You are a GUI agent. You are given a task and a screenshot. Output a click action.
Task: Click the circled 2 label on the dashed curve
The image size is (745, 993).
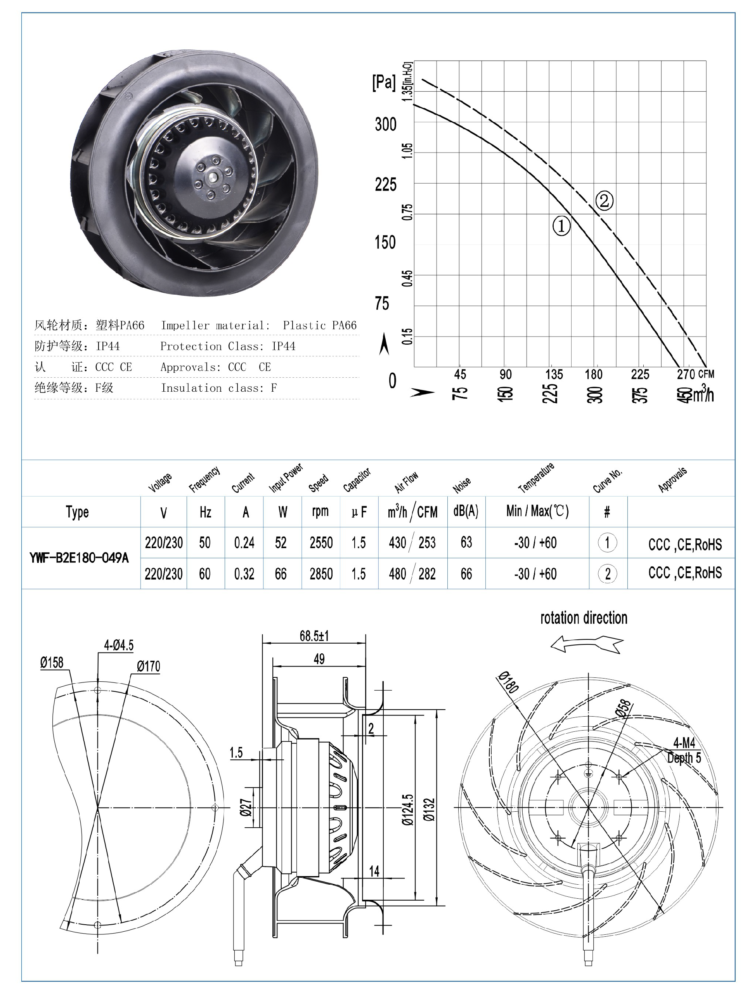[604, 200]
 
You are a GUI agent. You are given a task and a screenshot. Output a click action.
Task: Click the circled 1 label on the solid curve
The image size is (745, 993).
[561, 226]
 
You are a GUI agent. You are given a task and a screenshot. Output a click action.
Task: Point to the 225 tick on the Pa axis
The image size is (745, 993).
[386, 184]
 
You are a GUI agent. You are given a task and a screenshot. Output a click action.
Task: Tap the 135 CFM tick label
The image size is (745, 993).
[554, 374]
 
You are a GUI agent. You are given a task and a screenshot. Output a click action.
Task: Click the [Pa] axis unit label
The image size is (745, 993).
[384, 83]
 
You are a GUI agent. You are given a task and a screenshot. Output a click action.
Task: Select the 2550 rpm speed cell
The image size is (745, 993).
[321, 542]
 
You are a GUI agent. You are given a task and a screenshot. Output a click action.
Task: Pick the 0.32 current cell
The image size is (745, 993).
[244, 574]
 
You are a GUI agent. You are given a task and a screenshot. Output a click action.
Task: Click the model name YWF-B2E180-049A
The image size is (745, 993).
[79, 558]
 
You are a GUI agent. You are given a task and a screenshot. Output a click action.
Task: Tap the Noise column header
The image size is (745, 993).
[461, 484]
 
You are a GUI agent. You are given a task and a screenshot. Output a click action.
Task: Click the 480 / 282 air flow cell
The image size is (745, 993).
[412, 574]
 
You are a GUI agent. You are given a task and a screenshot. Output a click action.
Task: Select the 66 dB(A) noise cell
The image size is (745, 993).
[466, 574]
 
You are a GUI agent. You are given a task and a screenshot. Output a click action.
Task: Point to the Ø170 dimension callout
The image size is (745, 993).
[148, 666]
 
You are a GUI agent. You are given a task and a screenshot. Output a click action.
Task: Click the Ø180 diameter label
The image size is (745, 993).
[508, 682]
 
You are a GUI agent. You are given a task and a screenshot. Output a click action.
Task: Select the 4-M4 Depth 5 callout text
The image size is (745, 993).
[684, 750]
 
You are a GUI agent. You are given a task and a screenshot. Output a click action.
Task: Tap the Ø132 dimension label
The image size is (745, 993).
[429, 809]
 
